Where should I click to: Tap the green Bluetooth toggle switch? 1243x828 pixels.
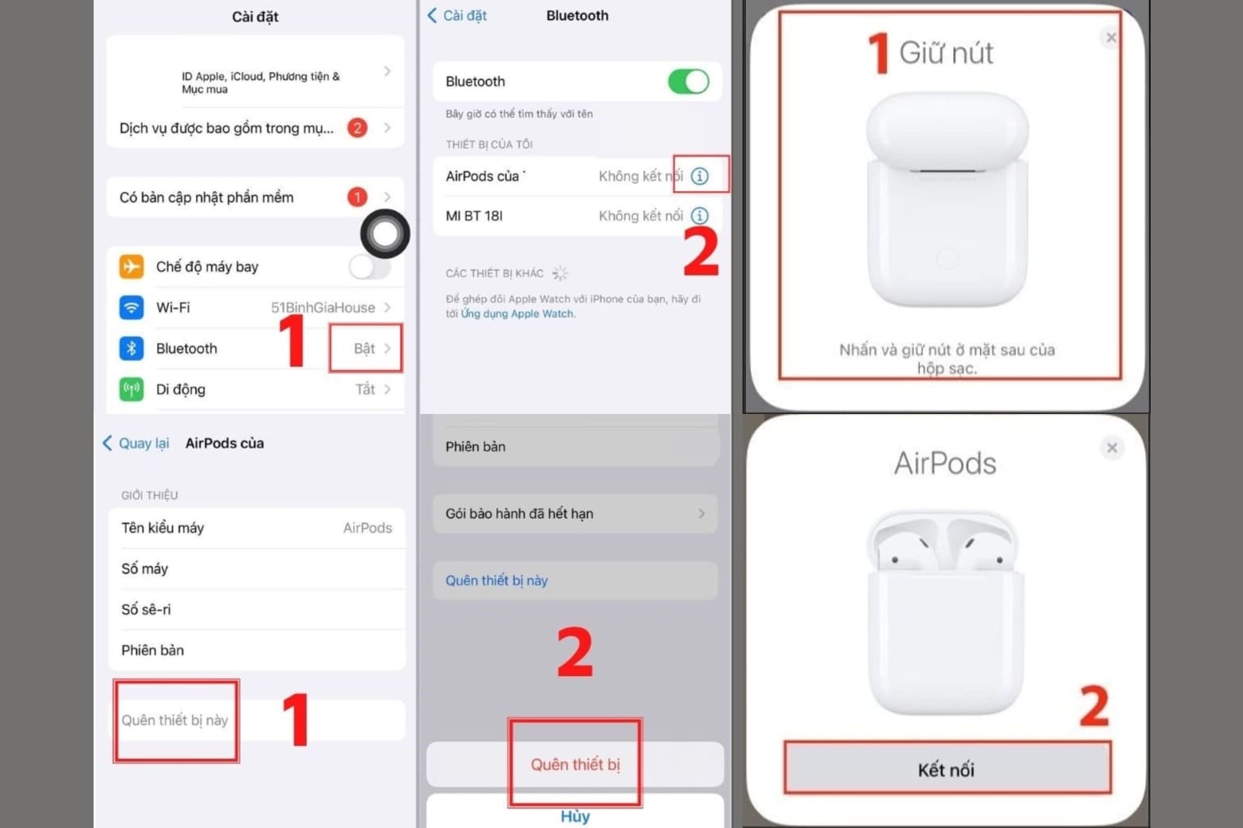[x=688, y=81]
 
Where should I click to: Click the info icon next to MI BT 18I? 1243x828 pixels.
[x=700, y=216]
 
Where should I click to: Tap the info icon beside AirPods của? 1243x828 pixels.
[x=700, y=176]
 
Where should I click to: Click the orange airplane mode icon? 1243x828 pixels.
[x=131, y=267]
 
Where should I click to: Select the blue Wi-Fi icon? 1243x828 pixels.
[x=131, y=307]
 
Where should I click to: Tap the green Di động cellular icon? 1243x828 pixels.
[x=131, y=389]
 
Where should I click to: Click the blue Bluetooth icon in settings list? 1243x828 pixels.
[x=131, y=349]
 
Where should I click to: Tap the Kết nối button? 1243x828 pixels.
[x=947, y=769]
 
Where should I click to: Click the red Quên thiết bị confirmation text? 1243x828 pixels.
[x=574, y=764]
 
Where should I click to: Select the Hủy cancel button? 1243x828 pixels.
[x=574, y=816]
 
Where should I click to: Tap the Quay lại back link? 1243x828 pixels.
[x=136, y=443]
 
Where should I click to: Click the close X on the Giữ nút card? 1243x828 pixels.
[x=1111, y=37]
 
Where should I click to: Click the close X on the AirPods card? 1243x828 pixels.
[x=1112, y=448]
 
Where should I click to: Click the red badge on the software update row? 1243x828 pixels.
[x=357, y=197]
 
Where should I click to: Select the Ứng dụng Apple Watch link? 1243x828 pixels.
[x=517, y=314]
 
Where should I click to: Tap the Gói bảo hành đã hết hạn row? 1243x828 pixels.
[x=574, y=514]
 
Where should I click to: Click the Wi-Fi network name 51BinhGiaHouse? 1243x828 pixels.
[x=323, y=307]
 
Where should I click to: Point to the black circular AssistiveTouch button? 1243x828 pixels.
[x=385, y=233]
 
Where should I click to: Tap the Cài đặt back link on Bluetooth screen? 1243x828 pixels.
[x=457, y=15]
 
